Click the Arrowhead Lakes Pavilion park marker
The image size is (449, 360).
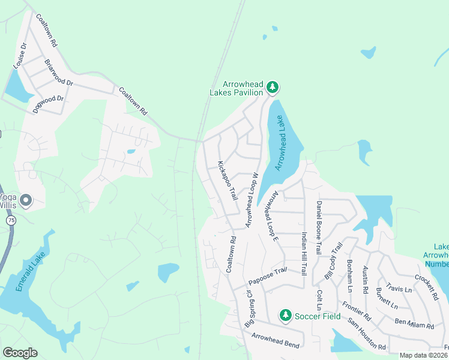(273, 88)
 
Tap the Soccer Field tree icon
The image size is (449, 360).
(286, 315)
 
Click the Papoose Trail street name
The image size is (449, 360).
(268, 278)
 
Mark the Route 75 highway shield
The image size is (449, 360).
(11, 221)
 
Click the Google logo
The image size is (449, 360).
(20, 353)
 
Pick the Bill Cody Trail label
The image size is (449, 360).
(333, 260)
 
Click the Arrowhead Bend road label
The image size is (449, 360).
(276, 340)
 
